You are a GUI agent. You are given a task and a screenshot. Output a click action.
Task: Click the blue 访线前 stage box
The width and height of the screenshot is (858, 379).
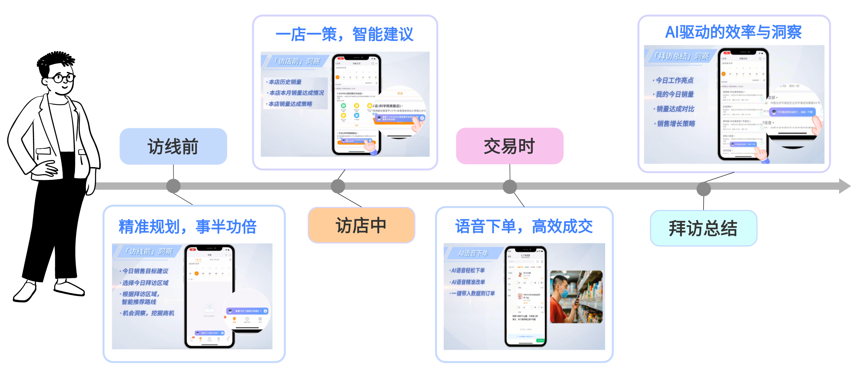[x=173, y=146]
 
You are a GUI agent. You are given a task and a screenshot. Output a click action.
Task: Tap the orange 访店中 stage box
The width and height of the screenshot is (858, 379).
[x=361, y=226]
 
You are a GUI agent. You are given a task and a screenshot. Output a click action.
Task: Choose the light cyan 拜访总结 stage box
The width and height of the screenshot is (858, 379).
[x=703, y=228]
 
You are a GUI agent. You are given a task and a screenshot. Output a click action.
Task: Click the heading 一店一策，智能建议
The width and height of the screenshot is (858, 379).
[x=345, y=34]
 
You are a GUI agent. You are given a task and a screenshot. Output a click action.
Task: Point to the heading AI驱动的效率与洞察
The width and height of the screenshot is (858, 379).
[x=734, y=32]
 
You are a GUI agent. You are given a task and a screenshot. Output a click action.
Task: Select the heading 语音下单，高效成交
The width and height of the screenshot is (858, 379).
[x=524, y=227]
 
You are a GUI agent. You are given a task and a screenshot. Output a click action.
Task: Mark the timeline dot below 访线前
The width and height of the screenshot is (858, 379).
[x=173, y=186]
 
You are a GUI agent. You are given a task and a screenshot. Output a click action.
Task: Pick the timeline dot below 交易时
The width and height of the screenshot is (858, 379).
[x=510, y=187]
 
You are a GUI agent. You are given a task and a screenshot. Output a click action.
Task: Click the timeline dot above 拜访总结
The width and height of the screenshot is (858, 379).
[x=704, y=189]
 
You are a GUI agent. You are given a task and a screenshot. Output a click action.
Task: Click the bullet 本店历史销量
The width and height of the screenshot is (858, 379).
[x=285, y=82]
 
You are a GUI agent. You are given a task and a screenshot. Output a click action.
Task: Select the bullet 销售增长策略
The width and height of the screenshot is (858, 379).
[x=676, y=123]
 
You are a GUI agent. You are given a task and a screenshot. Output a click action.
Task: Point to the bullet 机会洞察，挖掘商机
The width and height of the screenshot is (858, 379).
[x=148, y=313]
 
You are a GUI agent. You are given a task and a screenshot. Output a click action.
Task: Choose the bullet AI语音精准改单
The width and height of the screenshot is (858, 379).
[x=468, y=282]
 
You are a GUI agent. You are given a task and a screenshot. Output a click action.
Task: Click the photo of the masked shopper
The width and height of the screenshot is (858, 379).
[x=576, y=297]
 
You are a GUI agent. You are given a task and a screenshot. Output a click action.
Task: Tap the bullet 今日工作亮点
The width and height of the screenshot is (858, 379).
[x=674, y=80]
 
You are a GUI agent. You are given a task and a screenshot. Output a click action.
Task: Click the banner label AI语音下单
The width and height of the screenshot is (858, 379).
[x=473, y=253]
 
